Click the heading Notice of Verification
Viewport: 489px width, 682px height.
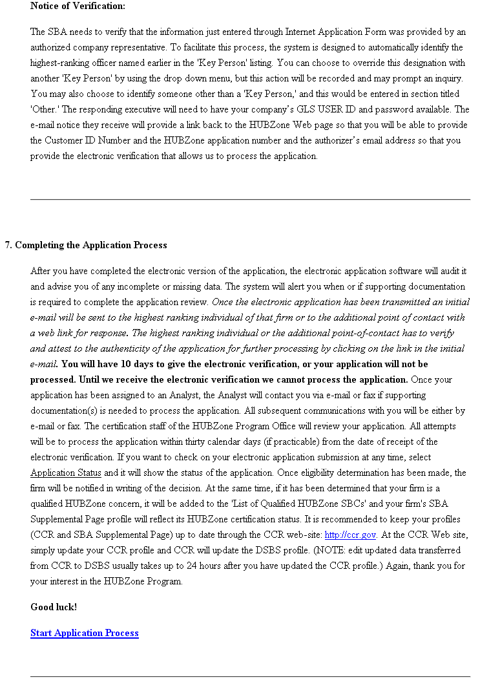click(78, 6)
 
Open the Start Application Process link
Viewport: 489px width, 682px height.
click(85, 633)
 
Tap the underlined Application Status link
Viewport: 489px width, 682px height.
click(66, 473)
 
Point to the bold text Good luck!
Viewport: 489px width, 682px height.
click(54, 607)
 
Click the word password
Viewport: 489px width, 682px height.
click(396, 109)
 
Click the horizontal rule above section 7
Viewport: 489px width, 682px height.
click(250, 199)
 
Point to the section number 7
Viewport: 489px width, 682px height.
click(8, 245)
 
